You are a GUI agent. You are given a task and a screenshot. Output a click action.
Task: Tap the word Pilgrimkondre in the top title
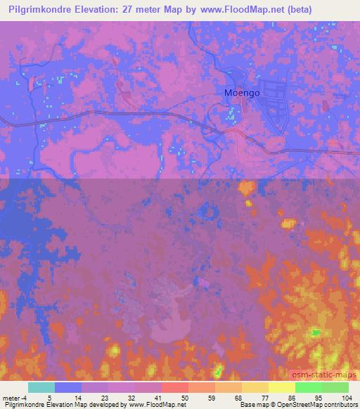tap(41, 10)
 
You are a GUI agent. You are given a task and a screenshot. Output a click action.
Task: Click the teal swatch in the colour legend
tap(41, 387)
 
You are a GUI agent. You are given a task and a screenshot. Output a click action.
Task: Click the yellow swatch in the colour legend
tap(281, 387)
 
